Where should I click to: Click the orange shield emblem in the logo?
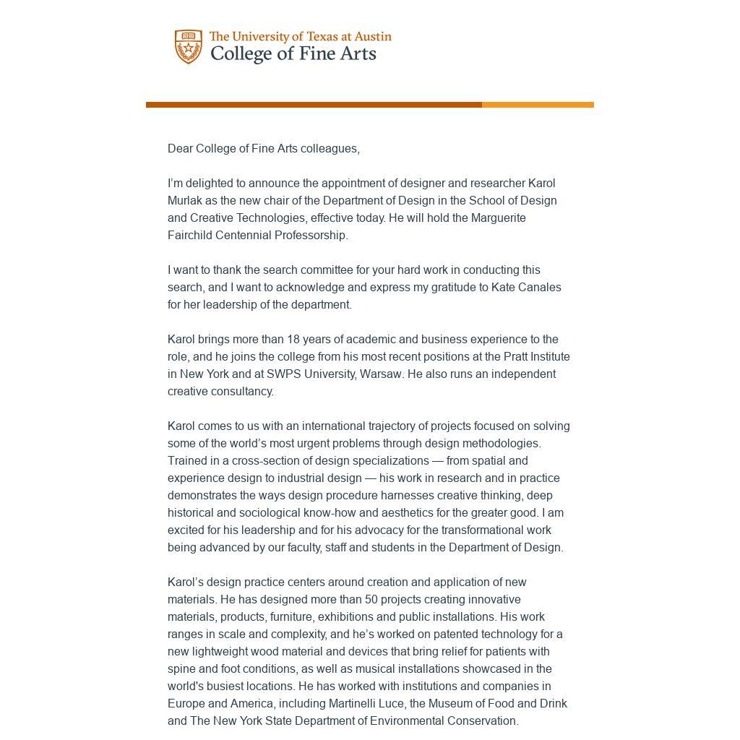click(188, 47)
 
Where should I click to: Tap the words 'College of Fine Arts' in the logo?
click(293, 54)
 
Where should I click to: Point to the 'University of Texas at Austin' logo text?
click(300, 36)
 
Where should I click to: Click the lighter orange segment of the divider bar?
click(538, 105)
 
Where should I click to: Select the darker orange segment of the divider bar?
click(314, 105)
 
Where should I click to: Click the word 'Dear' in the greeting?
click(180, 148)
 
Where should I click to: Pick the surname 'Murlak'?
click(185, 200)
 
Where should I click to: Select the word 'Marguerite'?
click(499, 218)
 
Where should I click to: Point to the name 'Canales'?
click(538, 287)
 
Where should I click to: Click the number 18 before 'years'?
click(293, 339)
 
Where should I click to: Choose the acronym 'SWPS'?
click(283, 374)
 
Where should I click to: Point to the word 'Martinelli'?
click(356, 703)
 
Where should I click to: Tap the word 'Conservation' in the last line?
click(483, 720)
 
